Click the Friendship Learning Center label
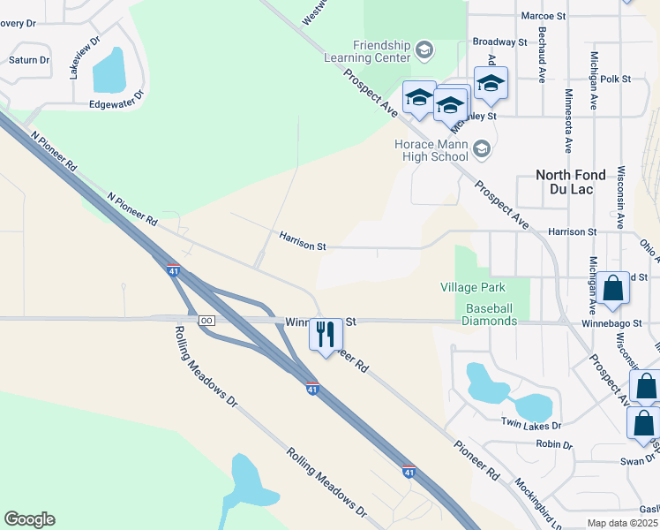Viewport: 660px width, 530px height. tap(381, 51)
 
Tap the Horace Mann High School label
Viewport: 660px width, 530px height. tap(431, 151)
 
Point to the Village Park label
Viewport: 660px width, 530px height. tap(473, 287)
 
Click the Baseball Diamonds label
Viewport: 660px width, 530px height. tap(490, 314)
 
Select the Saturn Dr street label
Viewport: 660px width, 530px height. tap(29, 60)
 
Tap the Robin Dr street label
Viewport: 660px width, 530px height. tap(554, 443)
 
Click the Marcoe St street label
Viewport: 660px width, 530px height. tap(543, 16)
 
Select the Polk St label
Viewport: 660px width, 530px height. tap(615, 79)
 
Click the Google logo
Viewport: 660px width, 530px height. tap(29, 519)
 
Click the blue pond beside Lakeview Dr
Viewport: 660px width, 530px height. tap(108, 70)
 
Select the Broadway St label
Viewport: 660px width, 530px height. tap(499, 42)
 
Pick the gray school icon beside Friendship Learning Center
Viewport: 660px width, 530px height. tap(424, 50)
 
